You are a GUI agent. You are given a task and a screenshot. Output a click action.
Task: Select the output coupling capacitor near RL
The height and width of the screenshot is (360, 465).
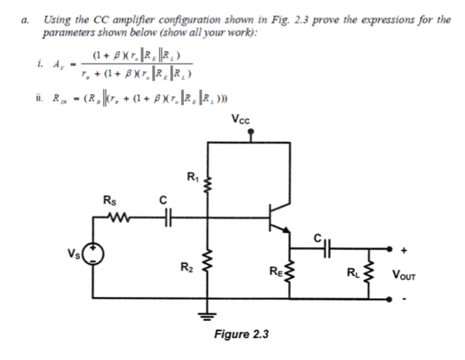coord(326,249)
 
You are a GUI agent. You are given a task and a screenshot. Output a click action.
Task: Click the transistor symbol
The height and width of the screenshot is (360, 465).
coord(277,218)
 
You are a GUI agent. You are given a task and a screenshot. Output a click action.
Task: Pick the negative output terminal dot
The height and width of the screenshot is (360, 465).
coord(389,299)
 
